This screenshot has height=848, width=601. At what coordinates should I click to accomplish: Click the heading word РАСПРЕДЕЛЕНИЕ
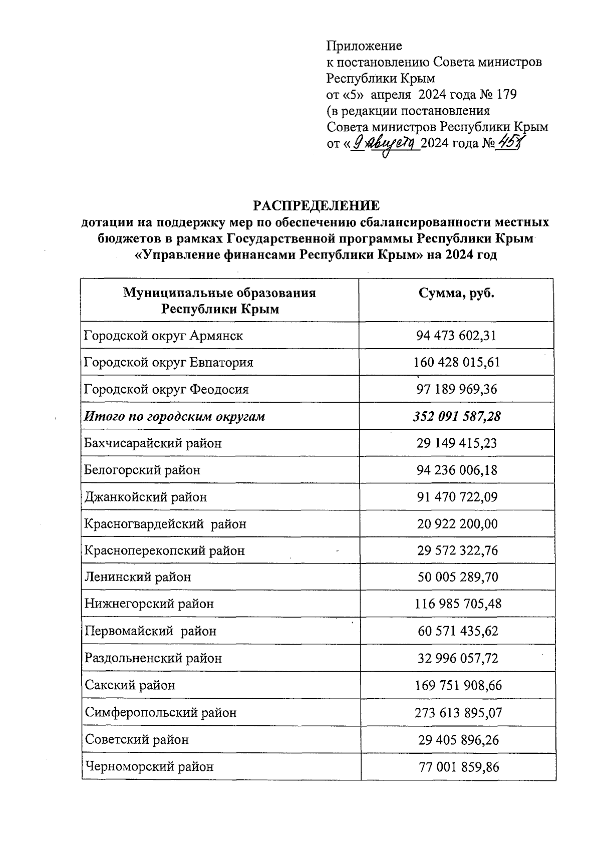pyautogui.click(x=316, y=206)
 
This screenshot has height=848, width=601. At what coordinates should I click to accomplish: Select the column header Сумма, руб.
pyautogui.click(x=456, y=294)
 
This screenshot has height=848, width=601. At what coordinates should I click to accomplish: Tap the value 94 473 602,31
pyautogui.click(x=456, y=336)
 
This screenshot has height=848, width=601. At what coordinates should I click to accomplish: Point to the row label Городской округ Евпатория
pyautogui.click(x=169, y=362)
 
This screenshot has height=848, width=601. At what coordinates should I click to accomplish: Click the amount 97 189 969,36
pyautogui.click(x=457, y=389)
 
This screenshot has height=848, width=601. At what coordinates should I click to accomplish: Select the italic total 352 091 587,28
pyautogui.click(x=457, y=416)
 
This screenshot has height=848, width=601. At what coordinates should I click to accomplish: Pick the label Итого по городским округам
pyautogui.click(x=174, y=416)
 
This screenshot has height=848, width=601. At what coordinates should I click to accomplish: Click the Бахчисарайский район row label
pyautogui.click(x=153, y=443)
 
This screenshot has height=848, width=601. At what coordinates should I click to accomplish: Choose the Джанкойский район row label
pyautogui.click(x=145, y=497)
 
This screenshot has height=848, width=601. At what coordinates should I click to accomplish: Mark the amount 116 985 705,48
pyautogui.click(x=457, y=604)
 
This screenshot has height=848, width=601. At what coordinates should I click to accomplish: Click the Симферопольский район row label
pyautogui.click(x=160, y=712)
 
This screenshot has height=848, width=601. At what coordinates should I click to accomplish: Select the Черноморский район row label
pyautogui.click(x=149, y=766)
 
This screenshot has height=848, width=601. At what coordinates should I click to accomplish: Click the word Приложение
pyautogui.click(x=364, y=46)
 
